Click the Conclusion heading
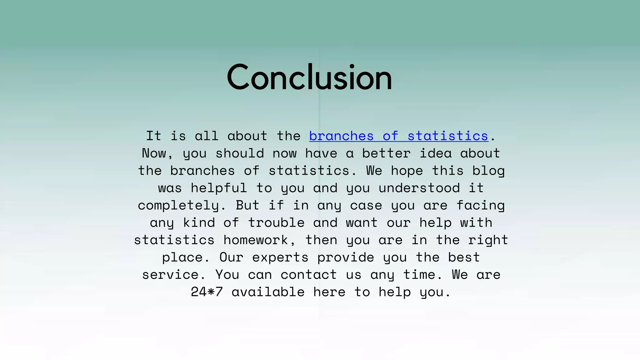309,77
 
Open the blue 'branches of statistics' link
398,136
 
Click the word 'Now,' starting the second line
157,153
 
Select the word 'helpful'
219,188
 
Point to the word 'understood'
419,188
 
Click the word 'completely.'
182,206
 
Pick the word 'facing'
480,206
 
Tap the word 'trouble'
276,223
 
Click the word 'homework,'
259,240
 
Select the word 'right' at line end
488,240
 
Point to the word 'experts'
280,257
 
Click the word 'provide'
346,257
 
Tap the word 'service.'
174,275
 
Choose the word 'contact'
308,275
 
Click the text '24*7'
207,292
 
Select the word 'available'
268,292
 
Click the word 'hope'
407,171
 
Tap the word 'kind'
199,223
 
